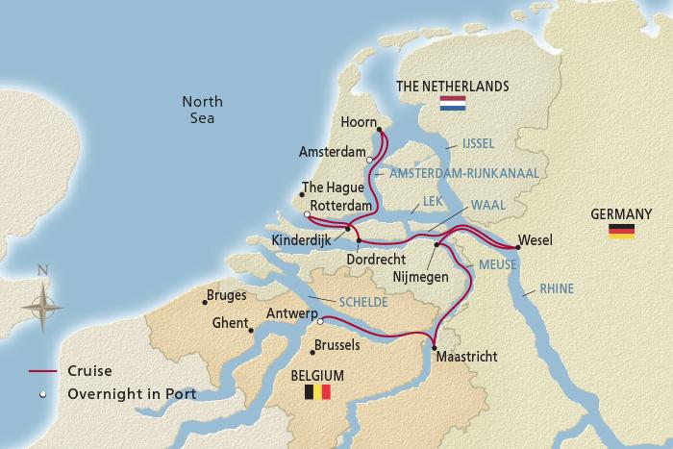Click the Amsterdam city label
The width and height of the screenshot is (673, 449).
pos(333,153)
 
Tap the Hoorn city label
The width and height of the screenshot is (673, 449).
pos(361,123)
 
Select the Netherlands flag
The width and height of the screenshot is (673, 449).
pos(452,104)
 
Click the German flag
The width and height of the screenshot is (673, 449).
pos(621,231)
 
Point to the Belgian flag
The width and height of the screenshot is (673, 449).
pos(316,391)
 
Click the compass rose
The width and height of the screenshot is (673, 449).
pos(41,307)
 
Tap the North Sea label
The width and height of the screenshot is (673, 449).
pos(202,109)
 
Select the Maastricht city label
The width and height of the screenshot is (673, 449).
pos(466,357)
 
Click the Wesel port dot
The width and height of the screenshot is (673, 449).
pos(517,248)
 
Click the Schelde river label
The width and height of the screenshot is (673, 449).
pos(361,302)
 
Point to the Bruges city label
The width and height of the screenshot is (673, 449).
pos(227,296)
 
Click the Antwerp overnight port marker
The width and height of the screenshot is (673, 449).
pos(321,322)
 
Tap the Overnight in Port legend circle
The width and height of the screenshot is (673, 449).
pos(42,393)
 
